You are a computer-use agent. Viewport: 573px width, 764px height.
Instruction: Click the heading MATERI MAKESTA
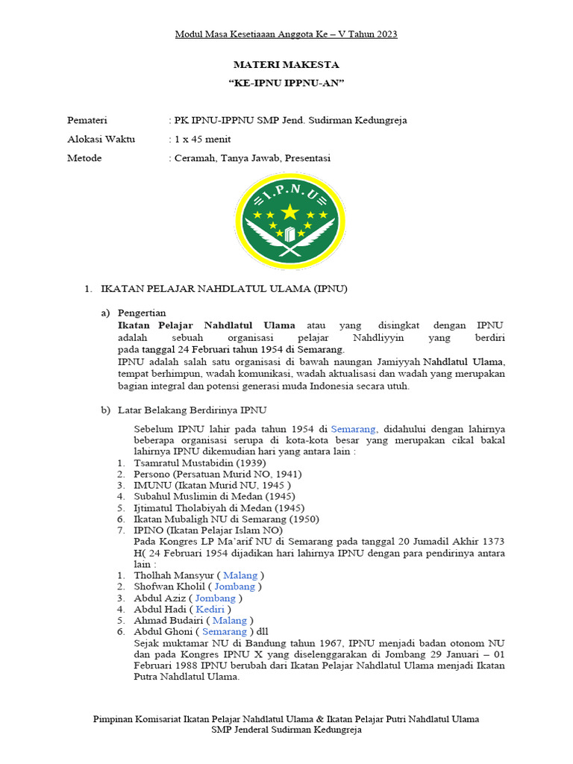pyautogui.click(x=286, y=65)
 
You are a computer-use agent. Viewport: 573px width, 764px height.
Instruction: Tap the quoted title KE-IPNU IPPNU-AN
pyautogui.click(x=286, y=84)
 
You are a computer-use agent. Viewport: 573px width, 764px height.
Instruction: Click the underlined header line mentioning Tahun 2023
pyautogui.click(x=286, y=34)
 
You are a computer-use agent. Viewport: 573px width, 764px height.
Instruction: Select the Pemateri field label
pyautogui.click(x=87, y=120)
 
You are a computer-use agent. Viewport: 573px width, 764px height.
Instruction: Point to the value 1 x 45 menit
pyautogui.click(x=201, y=139)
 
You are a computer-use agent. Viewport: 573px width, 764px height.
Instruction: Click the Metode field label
pyautogui.click(x=84, y=158)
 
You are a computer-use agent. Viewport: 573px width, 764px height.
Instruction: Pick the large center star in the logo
pyautogui.click(x=289, y=212)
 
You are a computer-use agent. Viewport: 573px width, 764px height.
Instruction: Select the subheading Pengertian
pyautogui.click(x=142, y=313)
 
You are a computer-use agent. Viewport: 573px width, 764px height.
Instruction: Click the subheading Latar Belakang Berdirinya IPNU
pyautogui.click(x=192, y=410)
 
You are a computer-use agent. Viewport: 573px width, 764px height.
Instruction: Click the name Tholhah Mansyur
pyautogui.click(x=173, y=575)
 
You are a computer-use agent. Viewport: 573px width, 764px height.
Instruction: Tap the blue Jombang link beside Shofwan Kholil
pyautogui.click(x=234, y=586)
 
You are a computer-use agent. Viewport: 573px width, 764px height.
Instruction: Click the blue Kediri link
pyautogui.click(x=210, y=609)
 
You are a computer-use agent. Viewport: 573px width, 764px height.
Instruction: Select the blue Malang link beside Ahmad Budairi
pyautogui.click(x=229, y=620)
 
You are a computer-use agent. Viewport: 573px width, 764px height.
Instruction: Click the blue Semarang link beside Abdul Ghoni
pyautogui.click(x=225, y=631)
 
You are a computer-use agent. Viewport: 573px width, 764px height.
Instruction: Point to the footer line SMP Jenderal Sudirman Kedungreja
pyautogui.click(x=286, y=730)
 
